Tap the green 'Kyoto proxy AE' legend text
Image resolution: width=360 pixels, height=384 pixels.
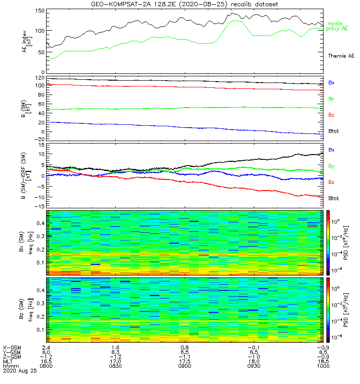(338, 26)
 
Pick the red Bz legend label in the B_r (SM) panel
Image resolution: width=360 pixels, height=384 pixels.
(331, 115)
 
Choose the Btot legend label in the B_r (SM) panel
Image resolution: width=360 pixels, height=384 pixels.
(334, 131)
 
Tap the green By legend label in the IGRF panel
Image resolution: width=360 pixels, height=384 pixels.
(331, 166)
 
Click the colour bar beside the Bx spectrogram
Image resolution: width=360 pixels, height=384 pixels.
(329, 242)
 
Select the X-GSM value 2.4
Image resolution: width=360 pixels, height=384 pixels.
(46, 347)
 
